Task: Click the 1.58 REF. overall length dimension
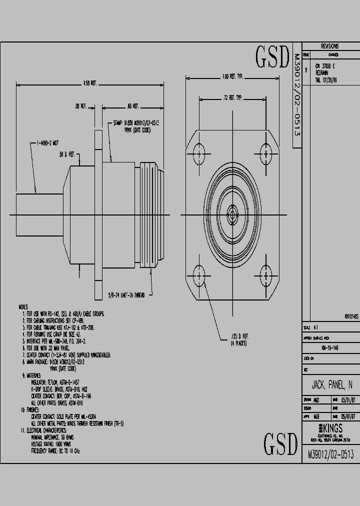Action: [90, 83]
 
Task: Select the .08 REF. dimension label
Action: [80, 106]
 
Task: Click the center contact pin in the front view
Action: [232, 215]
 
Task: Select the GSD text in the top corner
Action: [273, 57]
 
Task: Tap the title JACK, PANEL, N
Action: [331, 386]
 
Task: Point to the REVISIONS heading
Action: [330, 45]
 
